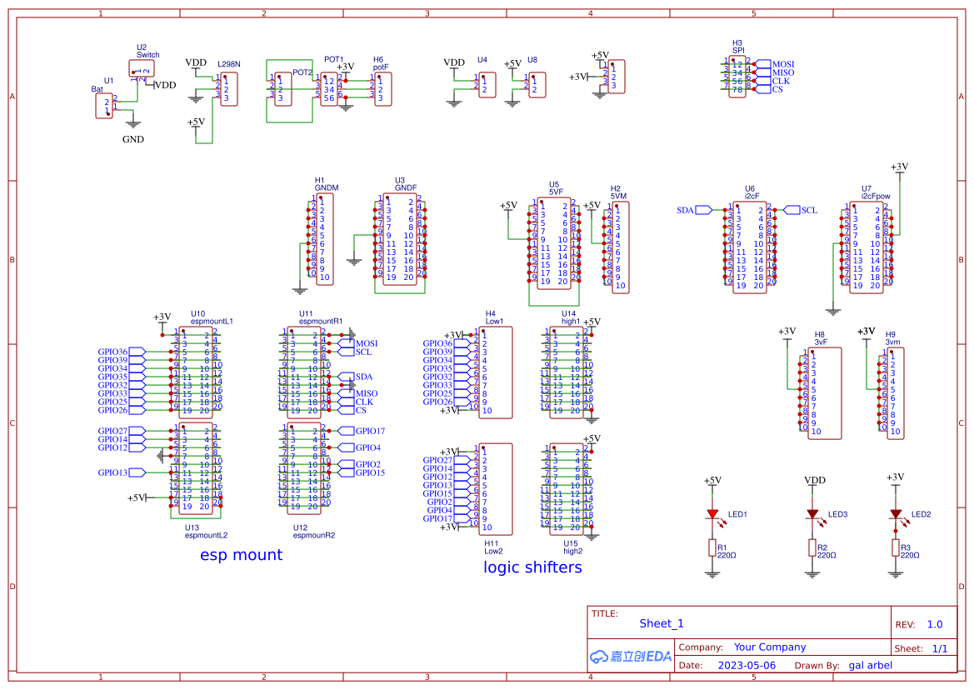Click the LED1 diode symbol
[x=712, y=514]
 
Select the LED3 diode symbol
[x=812, y=514]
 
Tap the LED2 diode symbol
[x=896, y=514]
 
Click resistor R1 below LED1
[x=712, y=547]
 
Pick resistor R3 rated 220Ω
[x=896, y=547]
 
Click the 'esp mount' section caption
[x=241, y=555]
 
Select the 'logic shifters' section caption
[x=532, y=567]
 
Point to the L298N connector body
[x=228, y=89]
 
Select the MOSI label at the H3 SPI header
[x=782, y=64]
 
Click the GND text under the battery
[x=133, y=139]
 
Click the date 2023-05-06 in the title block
[x=746, y=665]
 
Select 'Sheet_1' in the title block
[x=662, y=623]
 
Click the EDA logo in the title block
[x=631, y=656]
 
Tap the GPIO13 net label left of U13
[x=112, y=472]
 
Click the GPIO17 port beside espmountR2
[x=369, y=431]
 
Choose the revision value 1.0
[x=935, y=624]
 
